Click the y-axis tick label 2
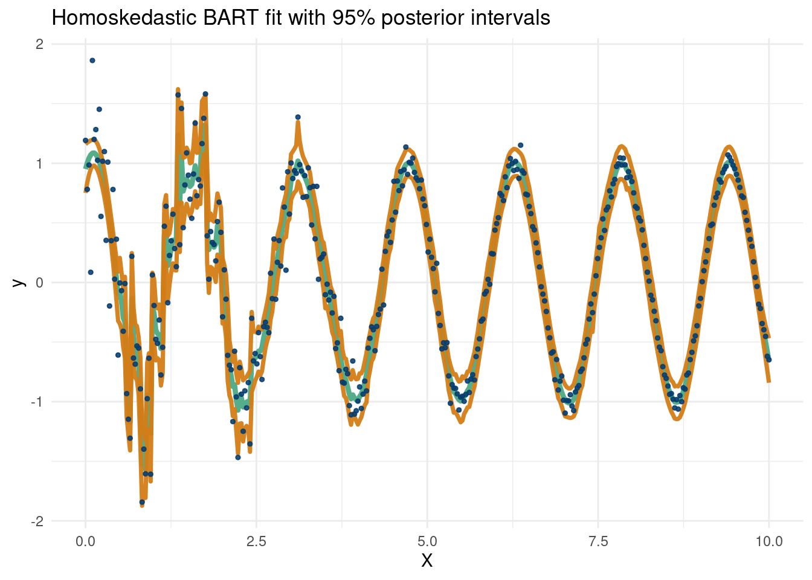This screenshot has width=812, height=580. (x=39, y=44)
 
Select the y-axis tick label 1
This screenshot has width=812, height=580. (x=39, y=164)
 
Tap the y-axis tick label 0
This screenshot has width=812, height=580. (x=39, y=283)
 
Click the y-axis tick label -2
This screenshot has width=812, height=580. (x=37, y=521)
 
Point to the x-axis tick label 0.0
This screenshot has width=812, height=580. (x=85, y=541)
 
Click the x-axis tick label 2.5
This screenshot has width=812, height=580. (x=256, y=541)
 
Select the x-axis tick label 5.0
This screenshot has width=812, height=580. (x=427, y=541)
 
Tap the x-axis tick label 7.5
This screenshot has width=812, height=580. (x=598, y=541)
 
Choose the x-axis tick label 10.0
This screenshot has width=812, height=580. (x=768, y=541)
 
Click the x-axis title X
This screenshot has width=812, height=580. (x=427, y=561)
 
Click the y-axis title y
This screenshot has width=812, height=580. (x=19, y=282)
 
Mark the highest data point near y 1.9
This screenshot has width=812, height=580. (x=92, y=60)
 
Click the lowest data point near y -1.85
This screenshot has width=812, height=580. (x=142, y=502)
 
